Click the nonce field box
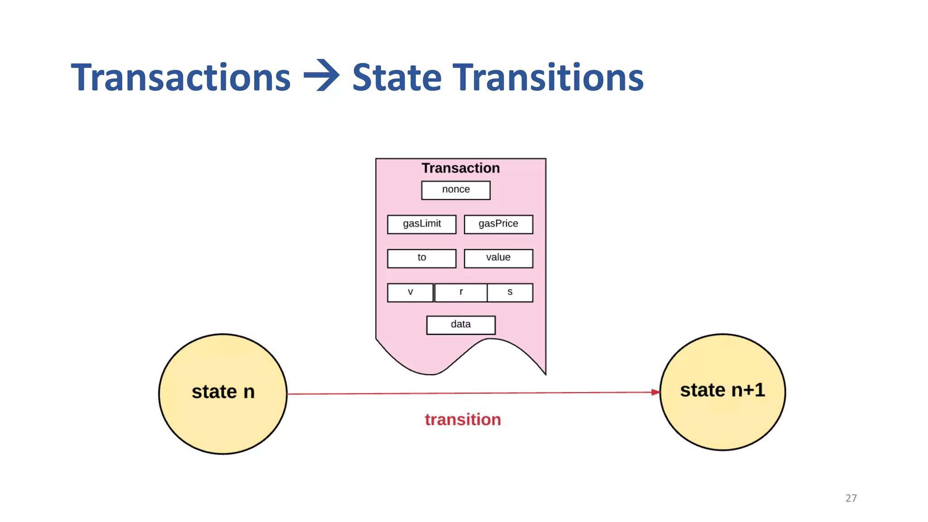[455, 190]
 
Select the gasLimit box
[421, 224]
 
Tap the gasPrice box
[498, 224]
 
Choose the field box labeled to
[421, 258]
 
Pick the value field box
[498, 258]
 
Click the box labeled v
[410, 293]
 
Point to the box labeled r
[461, 293]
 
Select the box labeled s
[510, 293]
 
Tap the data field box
[461, 325]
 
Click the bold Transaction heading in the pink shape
[460, 168]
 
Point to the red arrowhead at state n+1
[655, 392]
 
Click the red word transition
[463, 420]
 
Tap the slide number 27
[851, 498]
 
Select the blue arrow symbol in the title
[321, 76]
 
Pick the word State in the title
[396, 77]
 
